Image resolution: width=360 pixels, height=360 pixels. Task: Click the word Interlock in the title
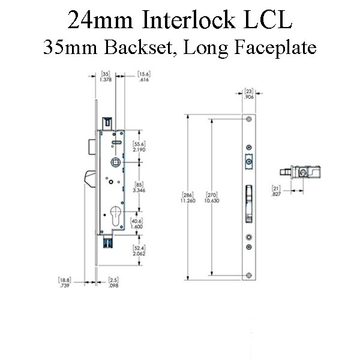[x=188, y=20]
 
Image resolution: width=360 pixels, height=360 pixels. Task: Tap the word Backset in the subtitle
[x=139, y=47]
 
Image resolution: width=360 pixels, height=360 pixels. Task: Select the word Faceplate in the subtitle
[x=275, y=49]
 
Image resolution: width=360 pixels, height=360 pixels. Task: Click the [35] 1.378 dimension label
[x=106, y=77]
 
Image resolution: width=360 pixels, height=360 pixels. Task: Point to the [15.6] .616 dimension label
[x=144, y=77]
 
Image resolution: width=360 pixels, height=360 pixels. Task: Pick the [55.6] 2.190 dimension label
[x=139, y=147]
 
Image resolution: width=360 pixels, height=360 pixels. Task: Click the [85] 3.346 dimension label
[x=139, y=187]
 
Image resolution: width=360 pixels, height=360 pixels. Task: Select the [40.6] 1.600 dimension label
[x=137, y=224]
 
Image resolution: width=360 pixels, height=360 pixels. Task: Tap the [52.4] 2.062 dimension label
[x=139, y=251]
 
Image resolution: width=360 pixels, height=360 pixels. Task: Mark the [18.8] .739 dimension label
[x=65, y=283]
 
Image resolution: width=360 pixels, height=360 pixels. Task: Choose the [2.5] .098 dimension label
[x=113, y=283]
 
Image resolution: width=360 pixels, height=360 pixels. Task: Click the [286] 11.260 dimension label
[x=188, y=197]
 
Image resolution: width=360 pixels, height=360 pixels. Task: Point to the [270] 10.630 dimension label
[x=212, y=197]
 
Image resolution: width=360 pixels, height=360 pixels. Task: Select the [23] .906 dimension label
[x=249, y=94]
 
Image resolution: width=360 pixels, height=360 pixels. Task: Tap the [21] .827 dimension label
[x=276, y=191]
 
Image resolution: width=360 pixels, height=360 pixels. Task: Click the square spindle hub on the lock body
[x=116, y=163]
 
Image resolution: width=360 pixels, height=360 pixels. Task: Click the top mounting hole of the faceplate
[x=249, y=119]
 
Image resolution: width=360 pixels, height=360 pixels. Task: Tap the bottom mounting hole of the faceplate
[x=249, y=275]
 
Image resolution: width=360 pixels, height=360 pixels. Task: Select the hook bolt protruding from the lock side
[x=90, y=179]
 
